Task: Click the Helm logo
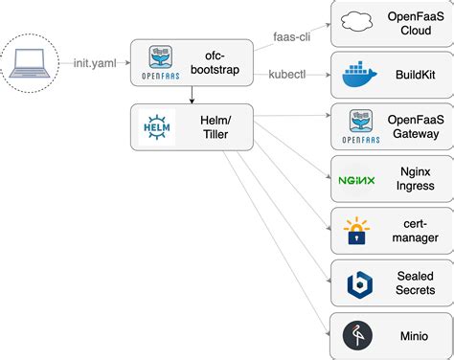(157, 127)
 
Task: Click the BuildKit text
(414, 75)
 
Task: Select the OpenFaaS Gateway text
(414, 126)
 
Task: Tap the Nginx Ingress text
(414, 178)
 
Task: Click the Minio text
(414, 336)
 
